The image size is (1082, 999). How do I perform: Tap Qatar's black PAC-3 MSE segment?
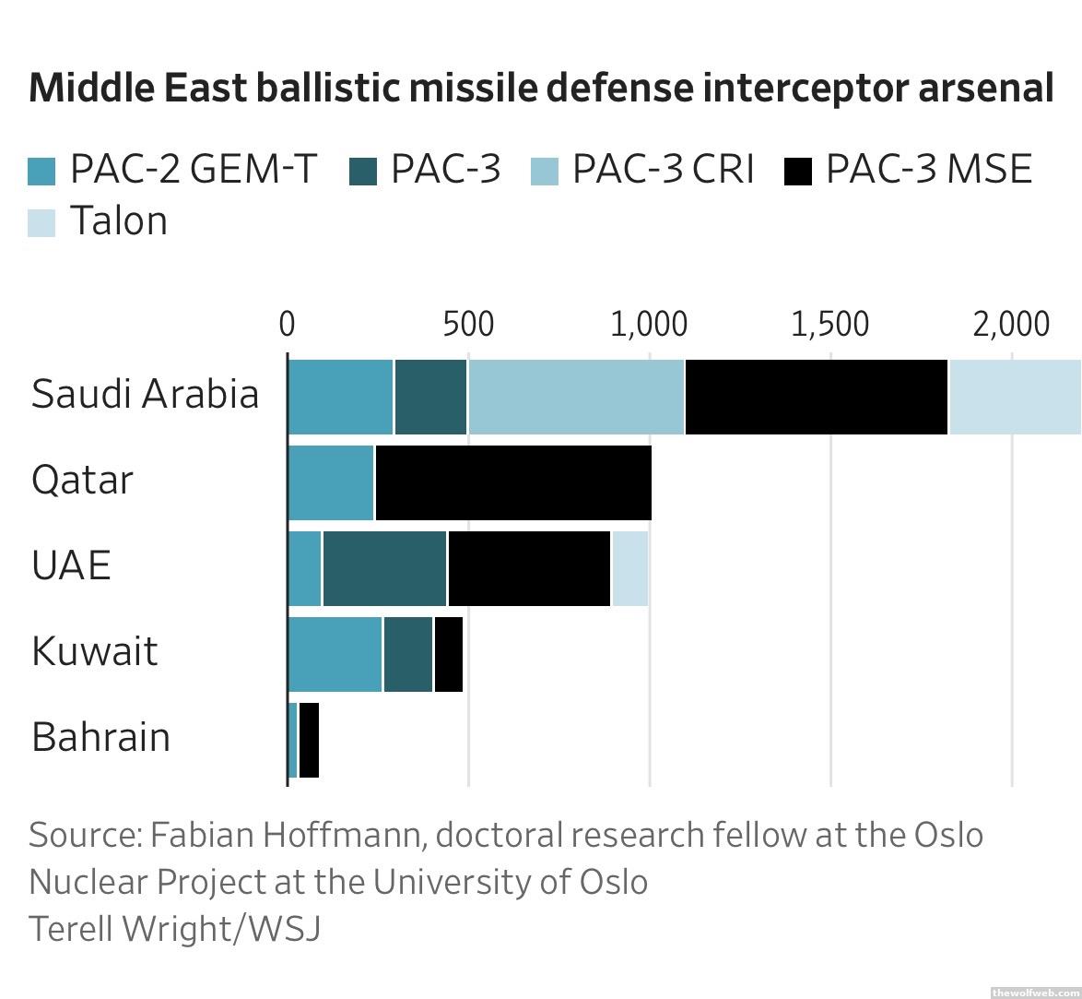513,482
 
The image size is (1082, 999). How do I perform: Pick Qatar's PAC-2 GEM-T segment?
331,482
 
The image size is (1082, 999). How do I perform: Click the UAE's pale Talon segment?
629,568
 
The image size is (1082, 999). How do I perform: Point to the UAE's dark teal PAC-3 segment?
384,568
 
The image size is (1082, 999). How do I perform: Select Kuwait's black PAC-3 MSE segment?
448,654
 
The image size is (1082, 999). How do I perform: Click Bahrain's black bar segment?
309,740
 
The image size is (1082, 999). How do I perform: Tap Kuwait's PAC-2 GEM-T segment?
335,654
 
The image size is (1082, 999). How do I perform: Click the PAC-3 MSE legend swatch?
797,172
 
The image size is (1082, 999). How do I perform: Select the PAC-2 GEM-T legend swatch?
41,172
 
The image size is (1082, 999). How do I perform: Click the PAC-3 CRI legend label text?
663,170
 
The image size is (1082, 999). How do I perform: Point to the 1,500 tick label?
829,325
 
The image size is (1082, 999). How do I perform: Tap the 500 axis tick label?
467,325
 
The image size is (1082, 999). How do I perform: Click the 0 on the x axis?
287,325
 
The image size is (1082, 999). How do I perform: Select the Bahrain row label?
100,738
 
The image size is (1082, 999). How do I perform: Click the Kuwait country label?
94,651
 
